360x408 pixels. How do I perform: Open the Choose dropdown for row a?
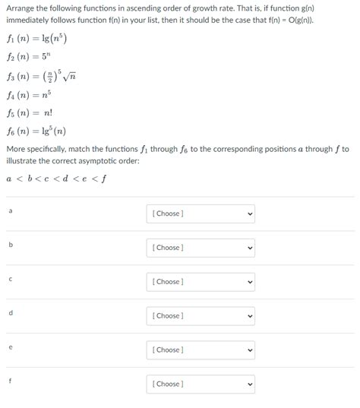point(200,213)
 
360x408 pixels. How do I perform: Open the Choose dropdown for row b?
point(200,248)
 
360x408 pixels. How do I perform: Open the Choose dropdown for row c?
point(200,282)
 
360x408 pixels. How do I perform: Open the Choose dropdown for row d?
point(200,316)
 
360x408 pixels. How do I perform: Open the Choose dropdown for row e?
point(200,349)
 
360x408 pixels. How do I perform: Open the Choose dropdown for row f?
point(200,384)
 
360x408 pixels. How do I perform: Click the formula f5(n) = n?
point(30,112)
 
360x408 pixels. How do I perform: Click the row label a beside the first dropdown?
point(11,210)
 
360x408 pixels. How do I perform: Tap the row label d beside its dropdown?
point(11,312)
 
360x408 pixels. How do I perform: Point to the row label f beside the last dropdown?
point(11,380)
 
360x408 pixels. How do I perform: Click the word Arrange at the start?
point(21,8)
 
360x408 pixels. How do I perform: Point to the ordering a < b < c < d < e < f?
point(55,179)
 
